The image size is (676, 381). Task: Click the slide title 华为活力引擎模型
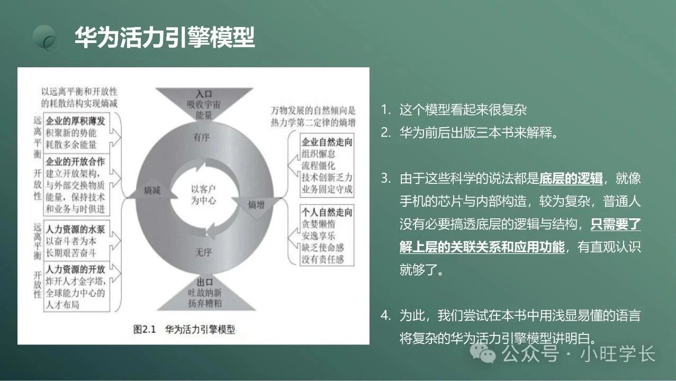click(165, 37)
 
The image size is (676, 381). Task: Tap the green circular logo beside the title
click(46, 38)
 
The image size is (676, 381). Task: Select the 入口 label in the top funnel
click(204, 94)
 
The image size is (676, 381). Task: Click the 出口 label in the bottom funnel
click(205, 282)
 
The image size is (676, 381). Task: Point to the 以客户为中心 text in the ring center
click(203, 195)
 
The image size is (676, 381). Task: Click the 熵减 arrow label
click(152, 190)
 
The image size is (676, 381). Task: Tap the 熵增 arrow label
click(256, 205)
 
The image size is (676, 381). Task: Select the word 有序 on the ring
click(201, 137)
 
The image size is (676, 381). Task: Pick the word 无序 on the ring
click(203, 252)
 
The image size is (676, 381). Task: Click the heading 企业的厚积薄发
click(75, 121)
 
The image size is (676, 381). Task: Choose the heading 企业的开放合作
click(75, 162)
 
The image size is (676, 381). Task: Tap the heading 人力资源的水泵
click(75, 229)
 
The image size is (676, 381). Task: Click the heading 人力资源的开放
click(75, 269)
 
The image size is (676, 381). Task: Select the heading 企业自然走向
click(327, 142)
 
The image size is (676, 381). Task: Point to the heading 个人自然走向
click(327, 212)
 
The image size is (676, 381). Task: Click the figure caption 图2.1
click(145, 329)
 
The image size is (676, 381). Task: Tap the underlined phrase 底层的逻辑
click(571, 179)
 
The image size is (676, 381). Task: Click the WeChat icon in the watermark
click(483, 353)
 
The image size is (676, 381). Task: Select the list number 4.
click(385, 315)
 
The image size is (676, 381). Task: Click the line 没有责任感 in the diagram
click(322, 259)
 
